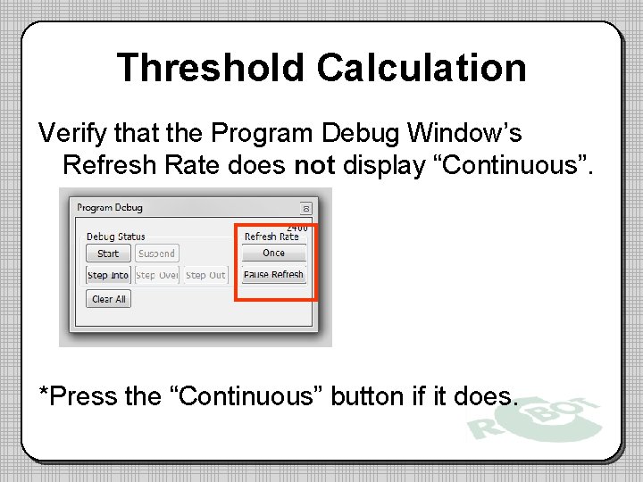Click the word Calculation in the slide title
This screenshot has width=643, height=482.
[x=422, y=68]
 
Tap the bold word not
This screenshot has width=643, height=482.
[x=313, y=165]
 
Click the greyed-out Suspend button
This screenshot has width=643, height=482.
[x=156, y=253]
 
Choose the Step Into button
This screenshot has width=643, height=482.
[x=109, y=275]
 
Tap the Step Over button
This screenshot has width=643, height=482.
[x=157, y=275]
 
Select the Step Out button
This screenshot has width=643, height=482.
[x=205, y=275]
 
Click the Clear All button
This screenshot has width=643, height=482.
[x=109, y=299]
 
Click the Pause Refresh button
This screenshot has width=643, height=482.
[x=273, y=275]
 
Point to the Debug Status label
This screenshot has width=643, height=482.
[x=116, y=237]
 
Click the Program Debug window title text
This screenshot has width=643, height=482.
[x=110, y=208]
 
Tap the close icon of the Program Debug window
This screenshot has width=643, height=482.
[x=306, y=208]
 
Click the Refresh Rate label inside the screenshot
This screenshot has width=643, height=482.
[x=271, y=237]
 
